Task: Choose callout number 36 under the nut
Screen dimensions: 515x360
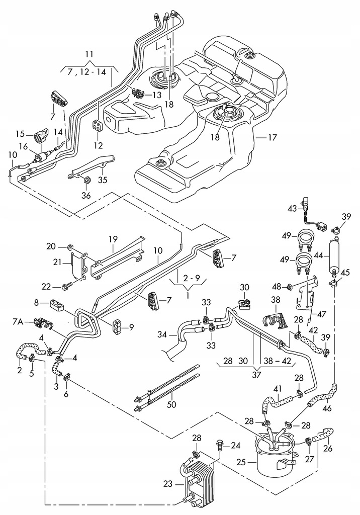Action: click(x=86, y=195)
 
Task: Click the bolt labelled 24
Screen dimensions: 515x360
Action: click(x=219, y=445)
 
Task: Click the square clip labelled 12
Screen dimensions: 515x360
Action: click(x=98, y=124)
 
